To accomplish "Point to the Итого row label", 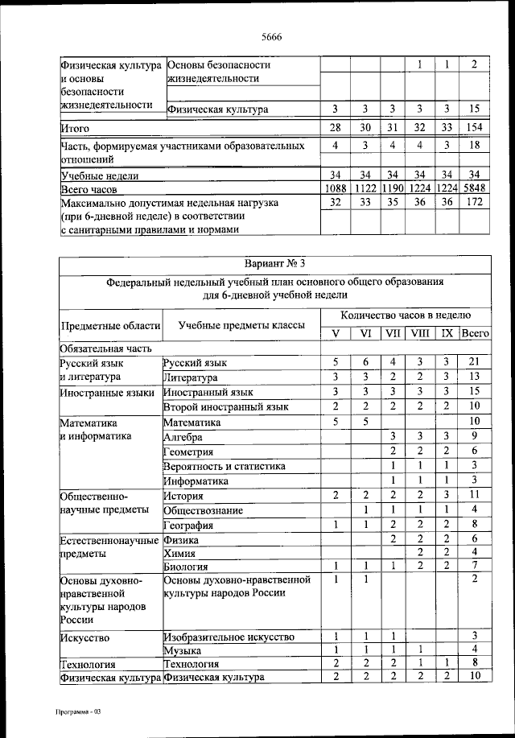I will [x=74, y=128].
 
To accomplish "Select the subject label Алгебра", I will [x=183, y=436].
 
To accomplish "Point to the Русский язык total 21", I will [x=475, y=363].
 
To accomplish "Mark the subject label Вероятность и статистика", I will [x=224, y=466].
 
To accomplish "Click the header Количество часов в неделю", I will [x=406, y=315].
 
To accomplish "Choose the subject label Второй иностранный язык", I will [x=225, y=407].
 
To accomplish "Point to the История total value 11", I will [x=475, y=496].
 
